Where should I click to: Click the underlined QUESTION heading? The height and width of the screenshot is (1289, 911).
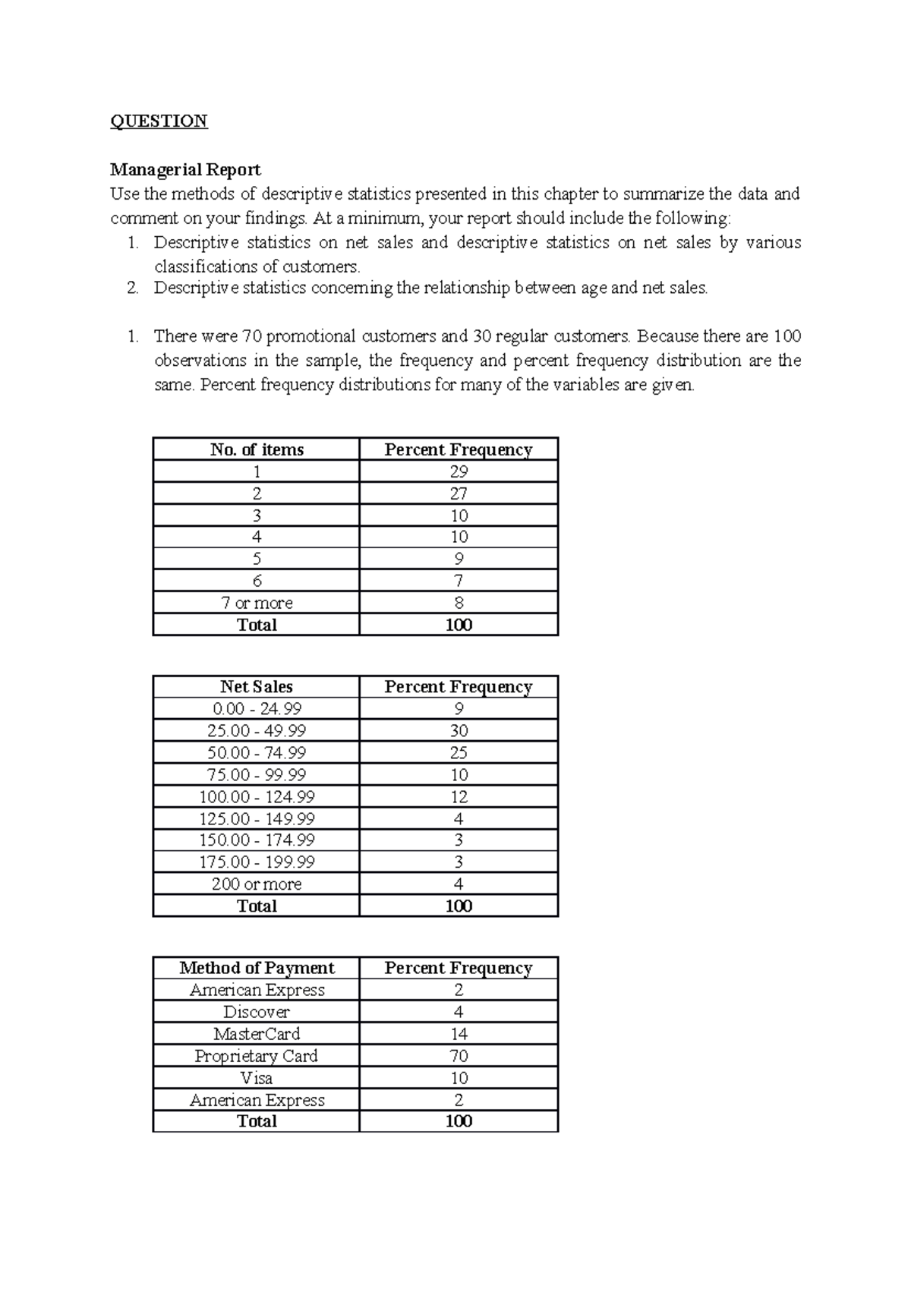159,121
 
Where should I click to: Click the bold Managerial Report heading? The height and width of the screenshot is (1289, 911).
185,169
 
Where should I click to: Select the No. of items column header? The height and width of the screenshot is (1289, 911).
257,449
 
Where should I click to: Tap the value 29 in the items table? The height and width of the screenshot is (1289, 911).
459,471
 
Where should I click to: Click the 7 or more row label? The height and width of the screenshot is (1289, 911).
257,603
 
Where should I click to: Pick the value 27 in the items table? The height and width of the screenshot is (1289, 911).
459,493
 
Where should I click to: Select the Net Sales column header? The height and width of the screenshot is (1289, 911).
257,687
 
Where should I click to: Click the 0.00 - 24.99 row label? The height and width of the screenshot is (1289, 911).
257,709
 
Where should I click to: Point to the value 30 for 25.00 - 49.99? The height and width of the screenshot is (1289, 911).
459,731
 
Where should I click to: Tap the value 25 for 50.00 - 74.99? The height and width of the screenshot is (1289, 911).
459,753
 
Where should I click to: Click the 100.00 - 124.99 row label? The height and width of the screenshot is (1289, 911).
257,797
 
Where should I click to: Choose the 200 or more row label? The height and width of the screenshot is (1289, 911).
257,884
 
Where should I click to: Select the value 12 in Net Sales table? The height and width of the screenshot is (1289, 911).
459,797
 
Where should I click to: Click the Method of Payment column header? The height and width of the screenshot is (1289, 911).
257,968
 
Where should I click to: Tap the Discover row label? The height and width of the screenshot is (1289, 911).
257,1012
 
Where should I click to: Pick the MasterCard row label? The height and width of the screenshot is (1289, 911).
257,1034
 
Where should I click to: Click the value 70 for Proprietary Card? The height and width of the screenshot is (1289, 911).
459,1056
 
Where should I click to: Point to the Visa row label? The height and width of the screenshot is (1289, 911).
257,1078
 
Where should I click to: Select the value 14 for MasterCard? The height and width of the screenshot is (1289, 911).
459,1034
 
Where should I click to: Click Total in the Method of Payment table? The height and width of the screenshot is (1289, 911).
257,1121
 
